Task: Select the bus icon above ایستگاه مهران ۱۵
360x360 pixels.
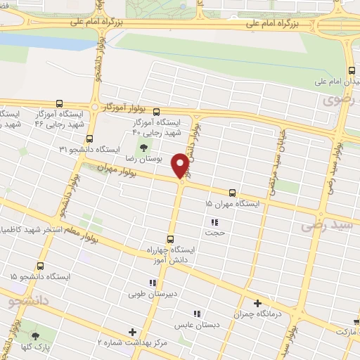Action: coord(231,192)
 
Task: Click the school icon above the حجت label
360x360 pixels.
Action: coord(213,224)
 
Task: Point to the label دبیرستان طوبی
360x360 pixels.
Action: coord(147,294)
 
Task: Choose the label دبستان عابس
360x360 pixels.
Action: coord(197,325)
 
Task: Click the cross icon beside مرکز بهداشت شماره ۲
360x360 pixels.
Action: coord(132,331)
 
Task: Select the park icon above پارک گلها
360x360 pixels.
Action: coord(35,336)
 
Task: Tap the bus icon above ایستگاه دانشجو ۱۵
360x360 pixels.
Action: coord(40,266)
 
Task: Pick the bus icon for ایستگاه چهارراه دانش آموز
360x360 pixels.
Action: coord(169,239)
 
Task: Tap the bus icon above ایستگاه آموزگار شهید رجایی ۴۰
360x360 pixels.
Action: coord(156,112)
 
